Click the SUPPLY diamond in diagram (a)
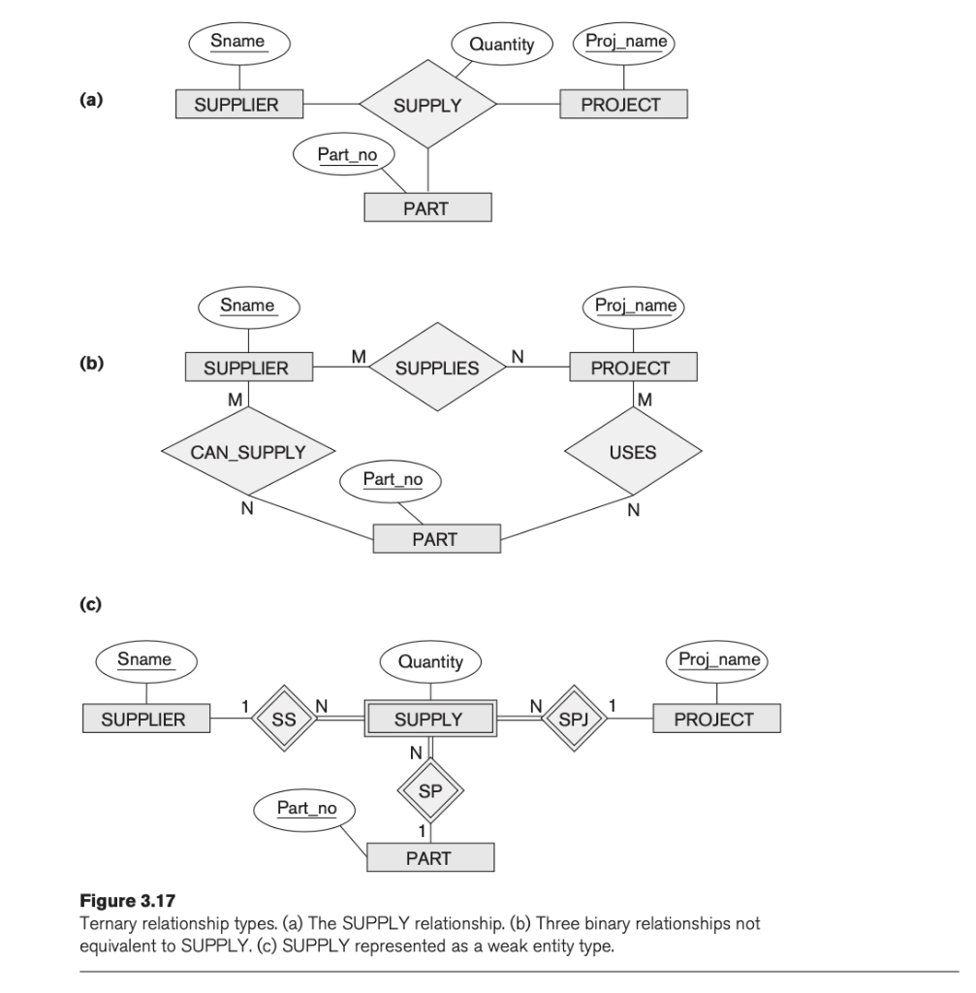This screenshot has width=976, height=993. click(427, 105)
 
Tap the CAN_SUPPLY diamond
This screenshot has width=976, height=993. click(248, 452)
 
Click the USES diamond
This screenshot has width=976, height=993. click(633, 452)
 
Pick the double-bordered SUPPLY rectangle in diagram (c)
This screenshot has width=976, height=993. click(429, 720)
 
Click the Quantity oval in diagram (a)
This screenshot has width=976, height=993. click(501, 45)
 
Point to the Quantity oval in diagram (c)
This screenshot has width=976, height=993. click(430, 663)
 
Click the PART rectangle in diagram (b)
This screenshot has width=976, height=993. click(436, 540)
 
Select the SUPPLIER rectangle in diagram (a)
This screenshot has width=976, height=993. click(238, 105)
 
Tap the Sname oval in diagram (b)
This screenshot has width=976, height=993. click(248, 306)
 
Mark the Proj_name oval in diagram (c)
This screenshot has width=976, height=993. click(717, 661)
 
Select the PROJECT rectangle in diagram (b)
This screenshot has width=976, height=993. click(632, 368)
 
